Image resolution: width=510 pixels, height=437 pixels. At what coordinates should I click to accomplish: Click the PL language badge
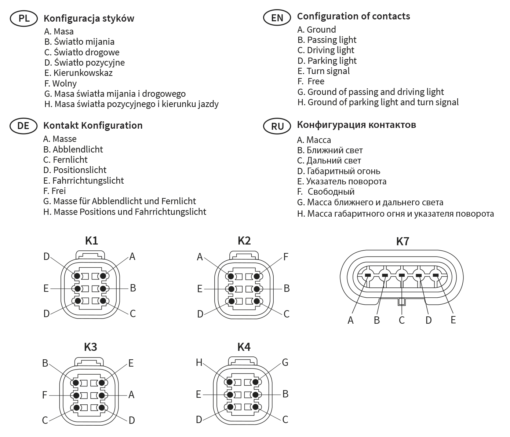coord(24,18)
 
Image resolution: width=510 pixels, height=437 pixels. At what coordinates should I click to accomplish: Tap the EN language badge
coord(277,18)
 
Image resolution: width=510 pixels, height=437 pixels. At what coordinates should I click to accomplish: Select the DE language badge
coord(23,126)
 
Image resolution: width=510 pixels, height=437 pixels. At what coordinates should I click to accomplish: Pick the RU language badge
coord(277,126)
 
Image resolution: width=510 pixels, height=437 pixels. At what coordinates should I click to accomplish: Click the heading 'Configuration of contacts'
coord(353,16)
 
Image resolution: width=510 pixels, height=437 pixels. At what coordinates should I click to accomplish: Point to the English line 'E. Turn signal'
coord(324,71)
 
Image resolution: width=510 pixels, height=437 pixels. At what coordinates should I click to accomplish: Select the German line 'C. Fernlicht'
coord(65,160)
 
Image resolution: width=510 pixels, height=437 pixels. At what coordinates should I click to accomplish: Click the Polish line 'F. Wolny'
coord(61,84)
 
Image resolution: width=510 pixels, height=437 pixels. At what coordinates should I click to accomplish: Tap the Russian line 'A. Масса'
coord(314,140)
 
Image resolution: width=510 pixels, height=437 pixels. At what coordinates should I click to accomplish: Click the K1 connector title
coord(91,240)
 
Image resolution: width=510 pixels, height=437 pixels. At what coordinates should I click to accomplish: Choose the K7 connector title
coord(402,241)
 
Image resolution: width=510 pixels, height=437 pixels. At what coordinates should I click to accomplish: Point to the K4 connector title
coord(244,347)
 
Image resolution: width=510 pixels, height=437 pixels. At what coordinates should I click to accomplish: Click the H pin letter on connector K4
coord(199,362)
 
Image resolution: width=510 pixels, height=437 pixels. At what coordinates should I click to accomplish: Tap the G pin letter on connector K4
coord(285,362)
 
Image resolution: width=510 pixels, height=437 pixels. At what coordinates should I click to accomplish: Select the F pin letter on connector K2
coord(286,257)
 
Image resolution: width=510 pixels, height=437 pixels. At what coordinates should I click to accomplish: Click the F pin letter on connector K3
coord(45,395)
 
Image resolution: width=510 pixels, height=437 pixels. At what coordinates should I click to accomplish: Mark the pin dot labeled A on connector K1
coord(103,276)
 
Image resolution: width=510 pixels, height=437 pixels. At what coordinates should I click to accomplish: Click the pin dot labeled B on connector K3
coord(76,383)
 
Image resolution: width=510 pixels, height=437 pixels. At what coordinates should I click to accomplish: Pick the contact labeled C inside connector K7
coord(402,275)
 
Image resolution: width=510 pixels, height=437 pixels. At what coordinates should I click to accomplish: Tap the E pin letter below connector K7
coord(453,320)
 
